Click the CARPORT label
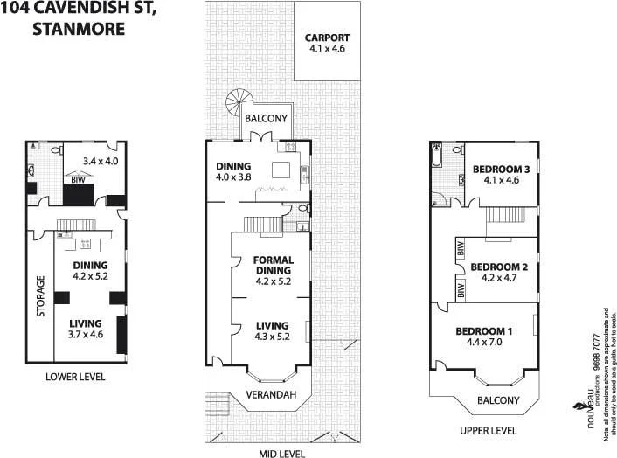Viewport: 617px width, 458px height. pos(327,38)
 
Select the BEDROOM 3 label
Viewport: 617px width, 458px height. pos(501,169)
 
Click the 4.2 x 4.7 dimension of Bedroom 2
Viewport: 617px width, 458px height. pos(501,280)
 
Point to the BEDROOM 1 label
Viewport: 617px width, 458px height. pos(482,331)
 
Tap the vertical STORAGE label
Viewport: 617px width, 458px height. pos(39,297)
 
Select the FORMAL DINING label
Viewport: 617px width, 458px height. pos(273,266)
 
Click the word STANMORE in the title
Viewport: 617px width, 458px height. pos(79,28)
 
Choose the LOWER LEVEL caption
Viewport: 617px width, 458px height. pos(75,377)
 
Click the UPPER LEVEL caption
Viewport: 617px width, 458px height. pos(488,430)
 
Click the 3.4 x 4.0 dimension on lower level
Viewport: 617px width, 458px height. pos(100,161)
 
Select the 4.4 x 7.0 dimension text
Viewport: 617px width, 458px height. pos(482,343)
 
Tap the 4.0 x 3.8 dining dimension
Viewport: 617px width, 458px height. pos(233,177)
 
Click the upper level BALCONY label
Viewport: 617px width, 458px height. pos(498,400)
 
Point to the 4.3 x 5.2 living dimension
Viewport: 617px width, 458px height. pos(273,337)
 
